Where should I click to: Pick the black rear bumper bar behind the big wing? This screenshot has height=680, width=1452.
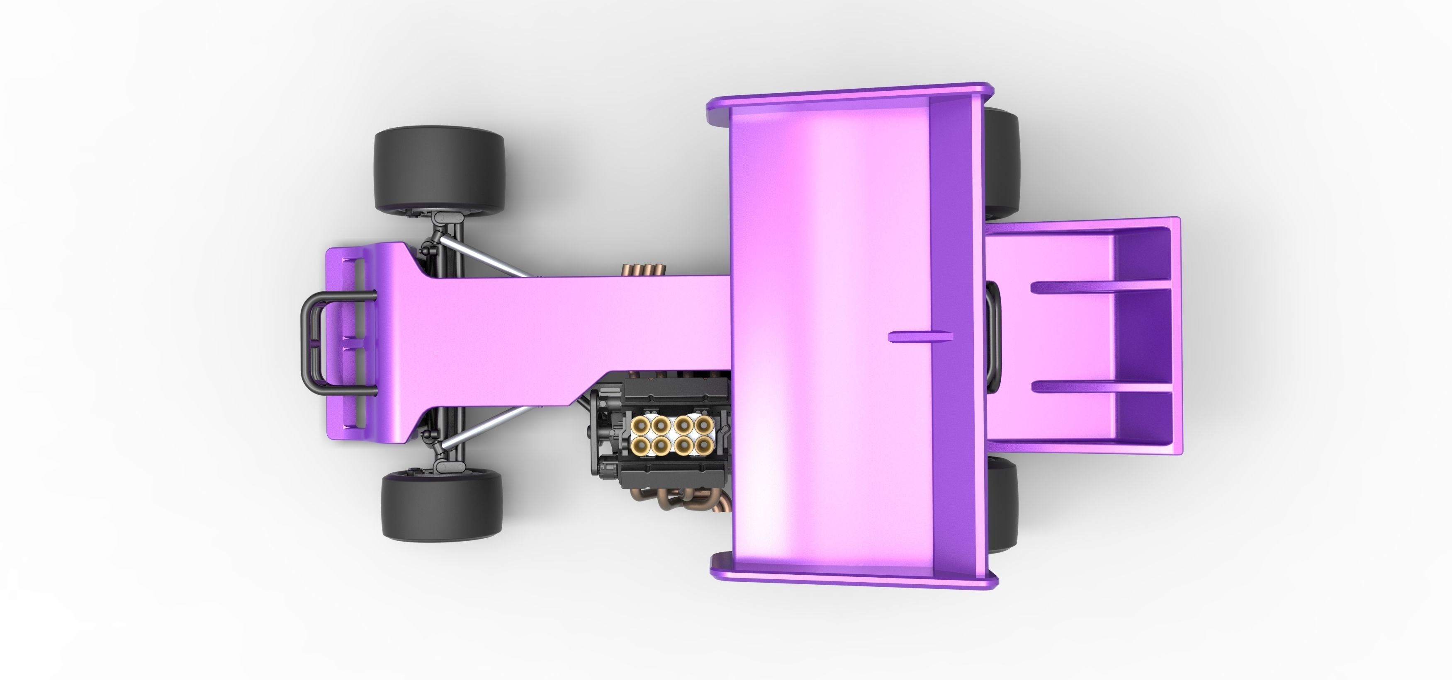click(993, 338)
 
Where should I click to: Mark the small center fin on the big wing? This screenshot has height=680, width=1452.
click(920, 337)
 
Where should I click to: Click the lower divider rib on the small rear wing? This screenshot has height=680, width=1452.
click(1102, 387)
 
